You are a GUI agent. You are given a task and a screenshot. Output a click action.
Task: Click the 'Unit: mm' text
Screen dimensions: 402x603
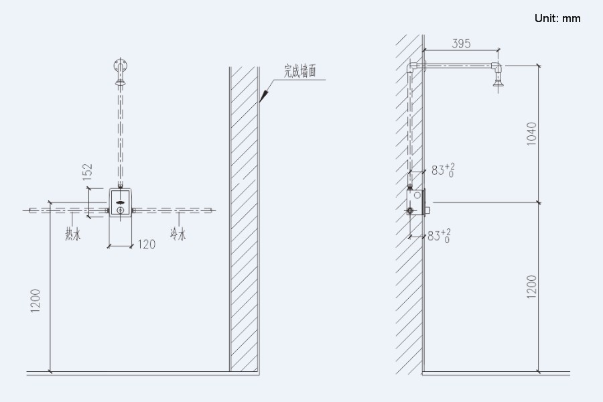(x=557, y=18)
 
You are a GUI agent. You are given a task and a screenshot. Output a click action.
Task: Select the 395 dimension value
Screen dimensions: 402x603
(x=461, y=44)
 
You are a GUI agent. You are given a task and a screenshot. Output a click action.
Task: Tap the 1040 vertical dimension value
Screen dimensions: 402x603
(x=532, y=135)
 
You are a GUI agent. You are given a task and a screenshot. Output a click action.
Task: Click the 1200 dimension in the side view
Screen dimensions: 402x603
(x=532, y=287)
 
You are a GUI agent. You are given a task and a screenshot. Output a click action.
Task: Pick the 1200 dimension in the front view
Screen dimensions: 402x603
(x=36, y=300)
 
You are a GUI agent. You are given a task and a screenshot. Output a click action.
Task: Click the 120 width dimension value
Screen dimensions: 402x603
(x=145, y=245)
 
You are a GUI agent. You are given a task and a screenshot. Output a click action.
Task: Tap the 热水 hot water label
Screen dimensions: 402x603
(x=72, y=234)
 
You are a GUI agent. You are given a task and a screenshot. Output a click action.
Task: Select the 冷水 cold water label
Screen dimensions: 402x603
(x=178, y=234)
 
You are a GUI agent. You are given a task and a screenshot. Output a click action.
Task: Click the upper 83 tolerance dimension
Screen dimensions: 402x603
(x=442, y=170)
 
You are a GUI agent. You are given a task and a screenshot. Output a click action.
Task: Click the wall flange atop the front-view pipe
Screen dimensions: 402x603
(x=120, y=67)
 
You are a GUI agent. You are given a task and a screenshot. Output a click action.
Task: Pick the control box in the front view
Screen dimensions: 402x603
(x=120, y=204)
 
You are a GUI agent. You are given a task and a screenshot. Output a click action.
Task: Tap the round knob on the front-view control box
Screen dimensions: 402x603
(x=120, y=211)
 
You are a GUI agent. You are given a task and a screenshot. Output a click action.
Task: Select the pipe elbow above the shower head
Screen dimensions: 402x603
(x=496, y=66)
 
